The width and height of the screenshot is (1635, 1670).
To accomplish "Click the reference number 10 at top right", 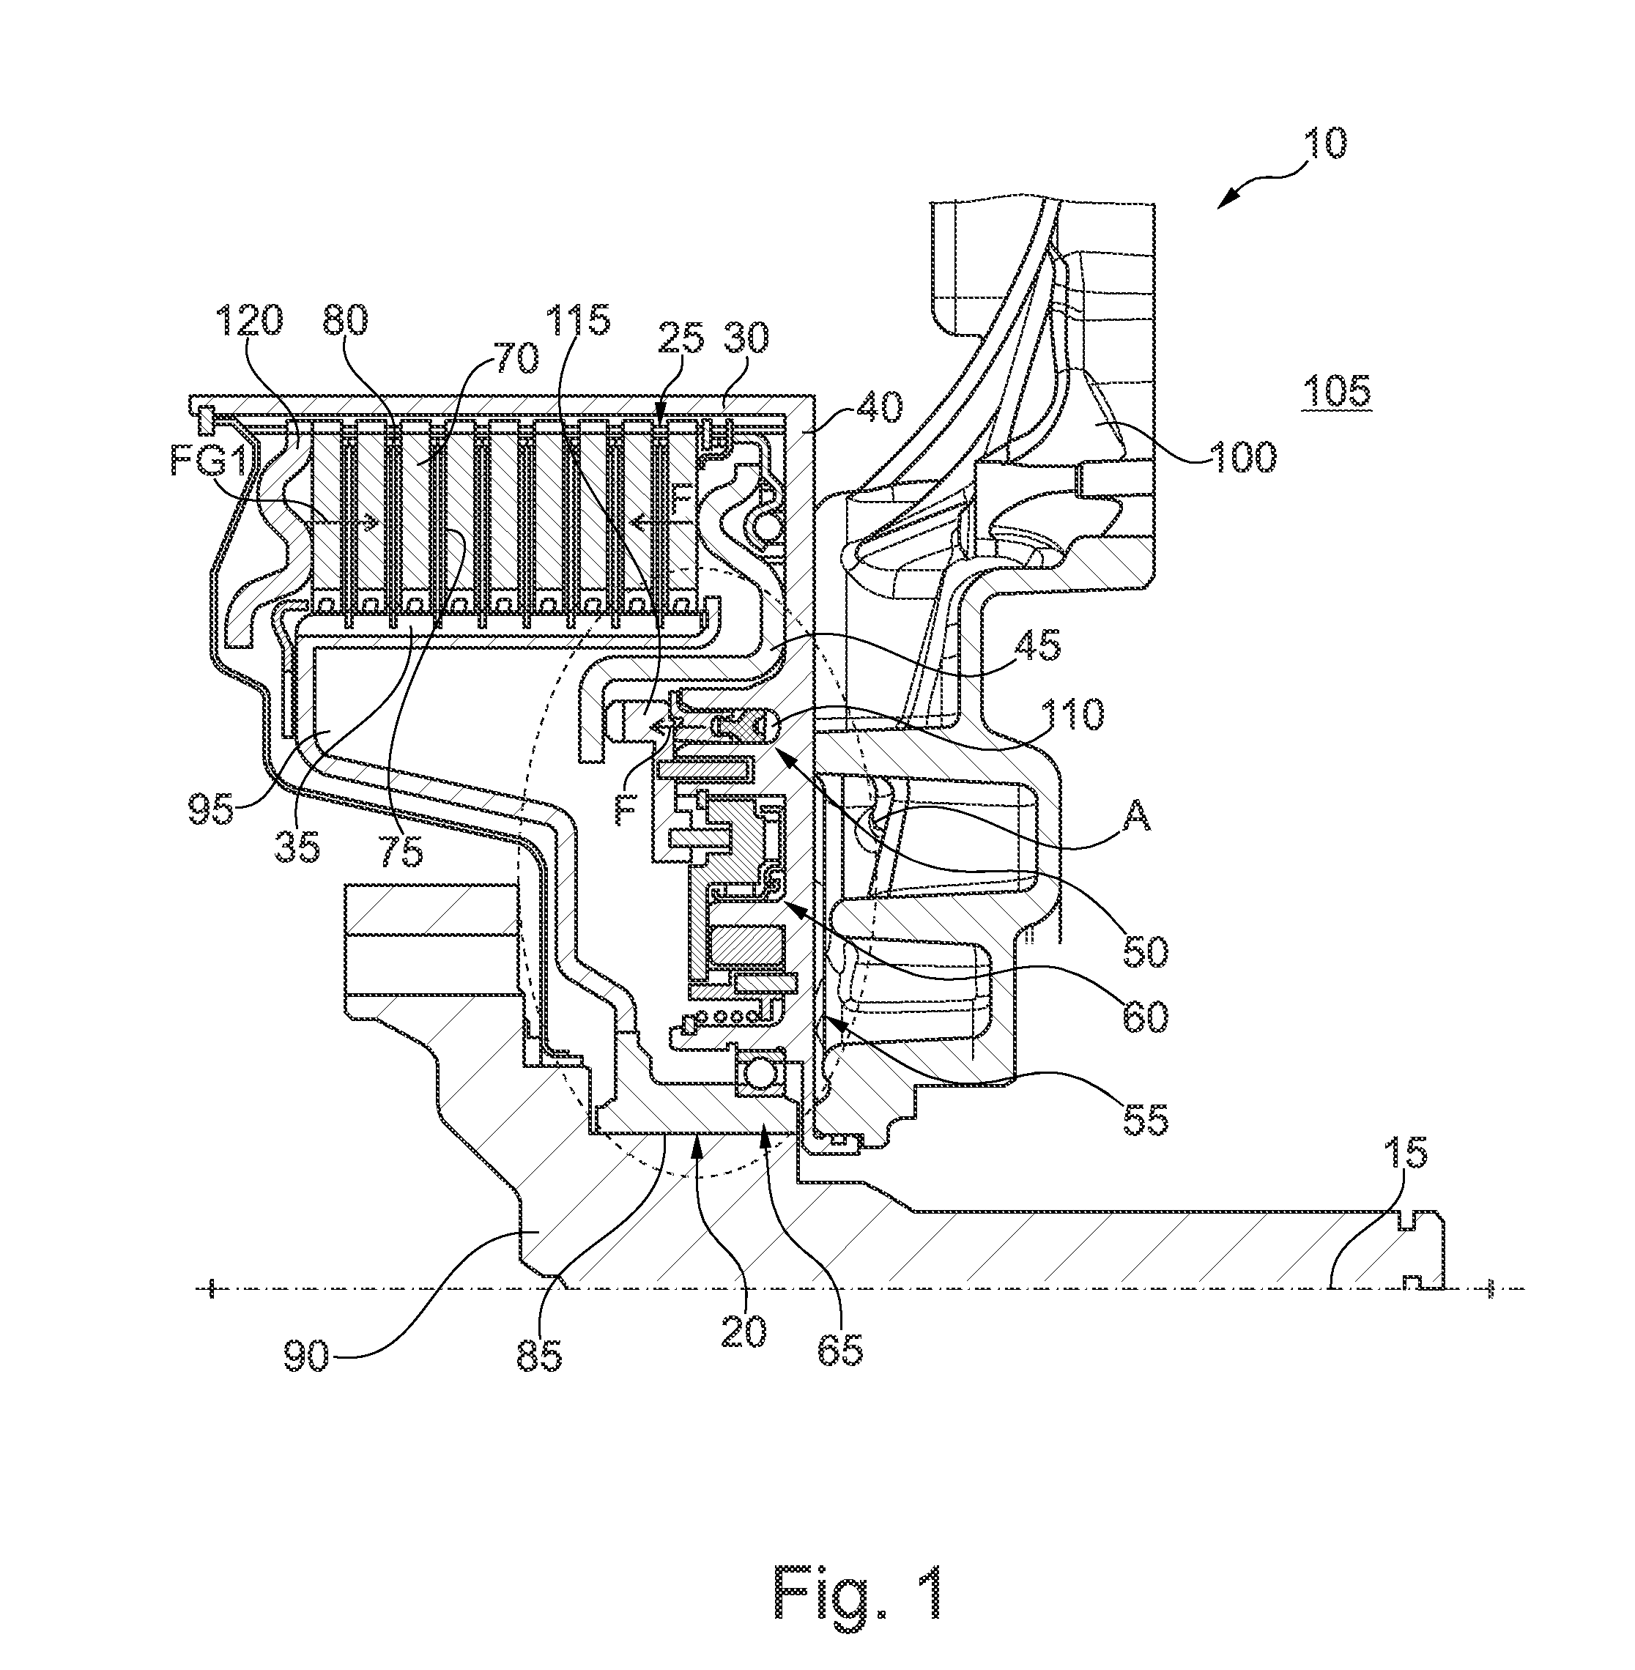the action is [x=1326, y=144].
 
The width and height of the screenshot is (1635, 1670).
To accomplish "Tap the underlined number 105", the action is [x=1336, y=392].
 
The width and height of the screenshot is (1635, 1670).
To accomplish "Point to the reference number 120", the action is [x=250, y=320].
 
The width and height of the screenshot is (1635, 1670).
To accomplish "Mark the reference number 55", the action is [x=1145, y=1118].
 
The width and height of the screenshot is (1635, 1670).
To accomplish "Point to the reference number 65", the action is [x=839, y=1351].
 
